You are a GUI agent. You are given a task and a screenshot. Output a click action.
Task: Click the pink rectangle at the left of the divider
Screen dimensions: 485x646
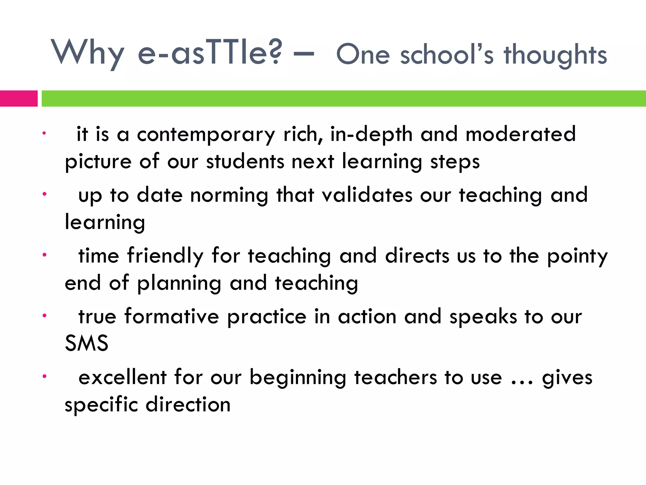coord(19,99)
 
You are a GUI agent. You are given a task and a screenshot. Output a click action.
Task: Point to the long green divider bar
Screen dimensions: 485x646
coord(344,99)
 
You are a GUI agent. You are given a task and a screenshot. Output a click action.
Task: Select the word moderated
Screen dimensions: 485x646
coord(521,134)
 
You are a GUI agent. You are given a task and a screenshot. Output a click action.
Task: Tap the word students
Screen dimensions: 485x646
coord(245,162)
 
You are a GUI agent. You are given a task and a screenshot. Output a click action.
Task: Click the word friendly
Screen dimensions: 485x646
coord(165,256)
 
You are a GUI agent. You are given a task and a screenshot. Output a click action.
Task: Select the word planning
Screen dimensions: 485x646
coord(179,284)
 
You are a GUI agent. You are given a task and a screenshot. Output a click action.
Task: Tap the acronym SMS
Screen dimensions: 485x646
coord(86,343)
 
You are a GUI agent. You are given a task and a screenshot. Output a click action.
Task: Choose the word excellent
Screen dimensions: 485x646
coord(122,377)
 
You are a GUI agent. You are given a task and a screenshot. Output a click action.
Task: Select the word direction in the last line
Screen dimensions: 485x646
coord(188,404)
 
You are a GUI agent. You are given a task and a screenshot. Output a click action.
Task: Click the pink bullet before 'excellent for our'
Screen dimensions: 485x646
coord(45,376)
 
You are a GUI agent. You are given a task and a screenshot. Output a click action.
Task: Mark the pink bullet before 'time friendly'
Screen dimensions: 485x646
coord(45,254)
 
